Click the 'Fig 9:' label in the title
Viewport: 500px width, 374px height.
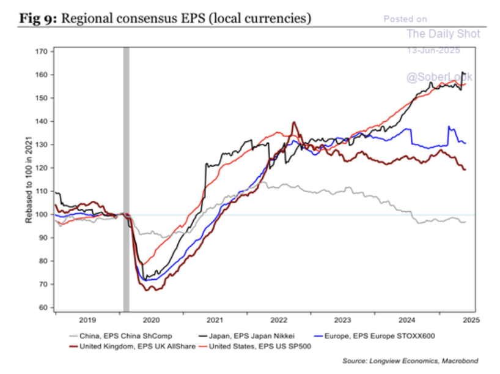(39, 19)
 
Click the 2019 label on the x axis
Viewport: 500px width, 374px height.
(87, 319)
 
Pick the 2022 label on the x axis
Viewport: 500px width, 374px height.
(279, 319)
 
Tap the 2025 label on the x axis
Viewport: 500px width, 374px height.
(470, 319)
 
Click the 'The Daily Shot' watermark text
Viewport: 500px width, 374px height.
(443, 34)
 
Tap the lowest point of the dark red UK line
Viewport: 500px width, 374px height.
(149, 290)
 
